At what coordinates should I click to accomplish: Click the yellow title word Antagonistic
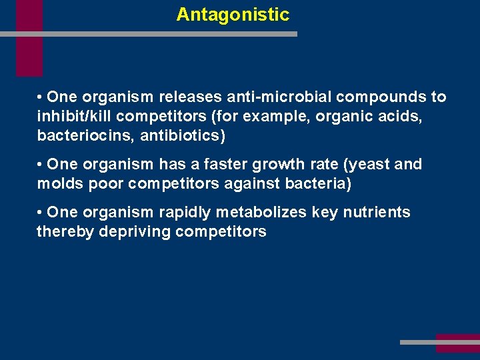point(233,15)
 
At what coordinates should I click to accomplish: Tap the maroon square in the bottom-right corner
point(457,343)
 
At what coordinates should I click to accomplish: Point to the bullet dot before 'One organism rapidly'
point(41,213)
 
